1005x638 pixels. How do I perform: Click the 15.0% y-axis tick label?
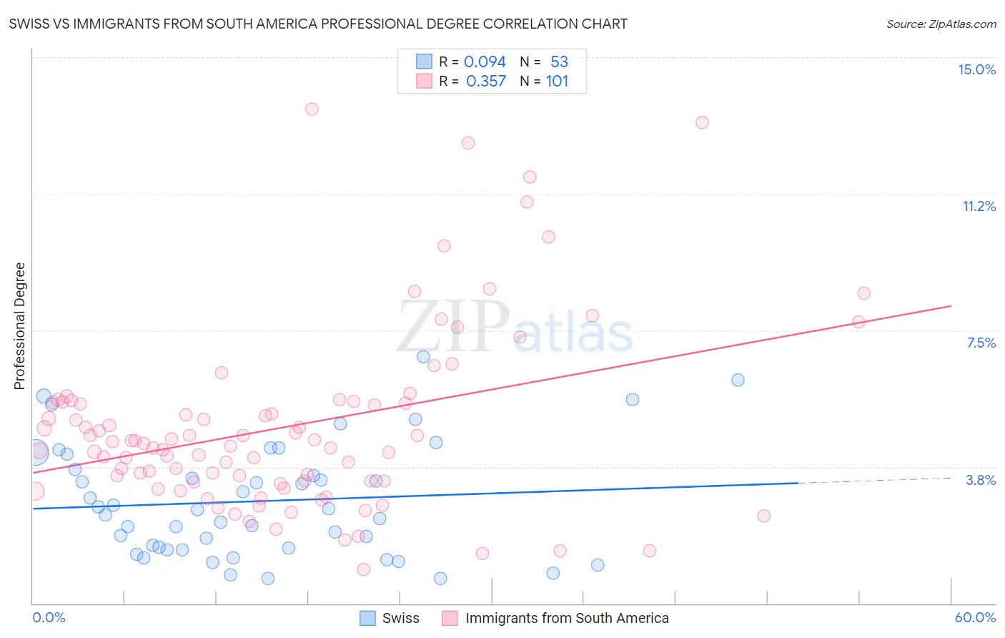click(976, 69)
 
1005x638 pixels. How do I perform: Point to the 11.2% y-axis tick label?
click(979, 206)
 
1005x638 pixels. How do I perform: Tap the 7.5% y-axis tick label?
click(981, 343)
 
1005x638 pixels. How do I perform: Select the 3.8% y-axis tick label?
click(981, 480)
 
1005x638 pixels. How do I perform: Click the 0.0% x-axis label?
click(49, 617)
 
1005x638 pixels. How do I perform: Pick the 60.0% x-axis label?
click(975, 617)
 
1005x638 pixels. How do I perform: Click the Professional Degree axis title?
click(19, 326)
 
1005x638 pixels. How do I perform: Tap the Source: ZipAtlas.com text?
click(941, 24)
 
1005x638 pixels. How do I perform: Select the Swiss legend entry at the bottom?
click(400, 618)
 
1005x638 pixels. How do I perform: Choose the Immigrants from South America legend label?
click(567, 618)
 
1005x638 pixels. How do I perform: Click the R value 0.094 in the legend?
click(485, 62)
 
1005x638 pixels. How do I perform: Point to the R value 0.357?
click(486, 81)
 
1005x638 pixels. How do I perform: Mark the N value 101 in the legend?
click(557, 81)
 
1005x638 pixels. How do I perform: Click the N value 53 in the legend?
click(559, 62)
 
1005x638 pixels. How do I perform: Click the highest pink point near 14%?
click(312, 109)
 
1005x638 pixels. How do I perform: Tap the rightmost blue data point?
click(738, 380)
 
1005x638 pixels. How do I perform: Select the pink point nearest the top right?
click(702, 122)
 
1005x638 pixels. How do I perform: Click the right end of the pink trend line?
click(951, 306)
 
